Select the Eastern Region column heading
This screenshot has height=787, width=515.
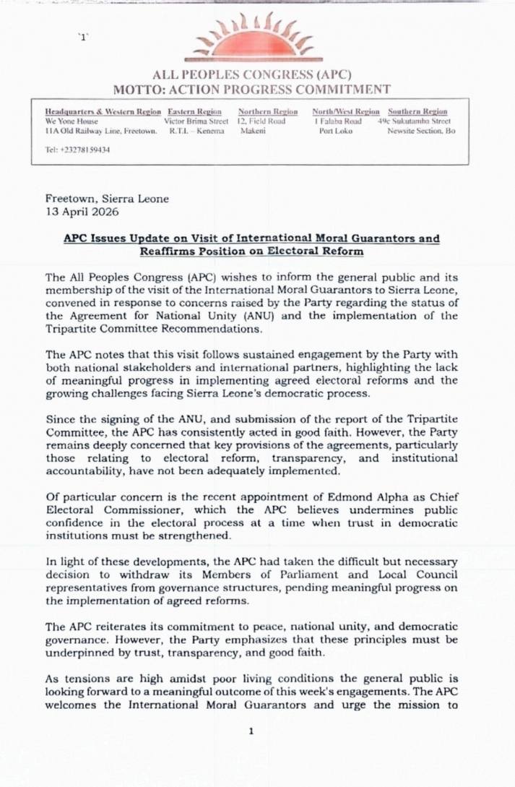(194, 112)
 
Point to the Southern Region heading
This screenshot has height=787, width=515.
(417, 112)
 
